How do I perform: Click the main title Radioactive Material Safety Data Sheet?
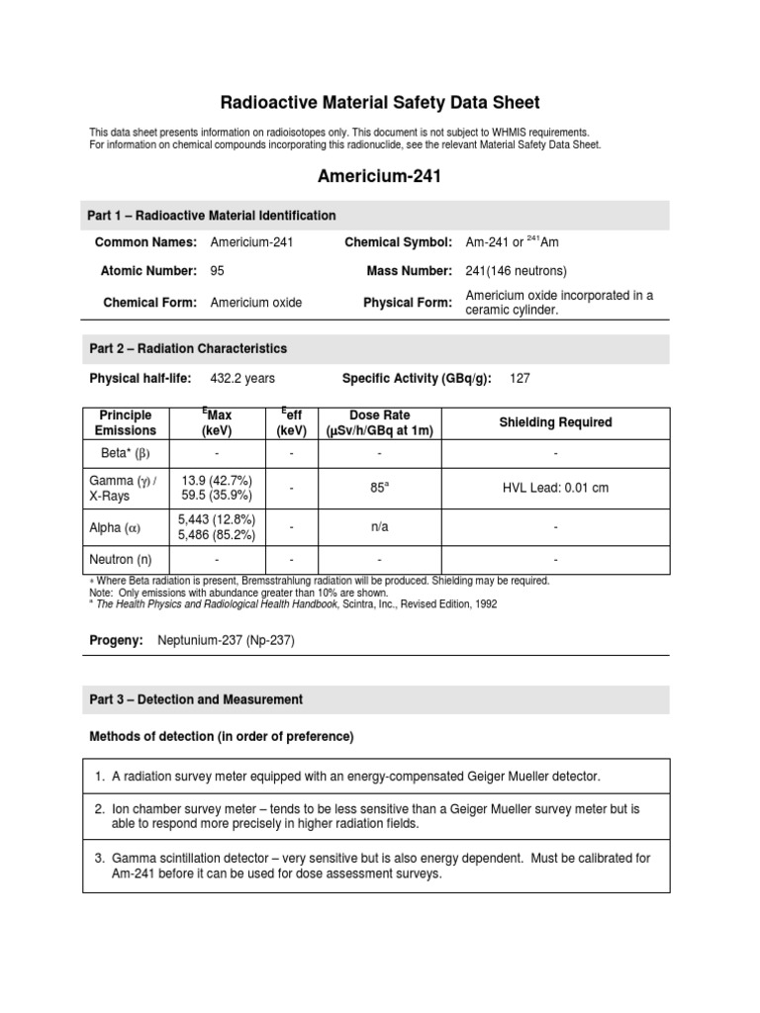[379, 103]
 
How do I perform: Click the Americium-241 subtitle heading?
[379, 176]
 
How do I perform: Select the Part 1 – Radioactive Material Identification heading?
[213, 216]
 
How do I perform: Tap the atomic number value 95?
[218, 271]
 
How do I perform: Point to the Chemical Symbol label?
[398, 242]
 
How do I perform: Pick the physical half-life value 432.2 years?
[242, 378]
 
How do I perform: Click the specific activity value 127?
[521, 378]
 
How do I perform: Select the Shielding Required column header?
[555, 422]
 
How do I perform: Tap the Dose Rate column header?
[379, 422]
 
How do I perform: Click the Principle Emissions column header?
[126, 422]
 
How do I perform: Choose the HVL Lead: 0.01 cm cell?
[555, 488]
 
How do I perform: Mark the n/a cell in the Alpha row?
[379, 527]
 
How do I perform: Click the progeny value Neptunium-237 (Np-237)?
[226, 640]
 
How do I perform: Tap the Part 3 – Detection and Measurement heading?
[196, 699]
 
